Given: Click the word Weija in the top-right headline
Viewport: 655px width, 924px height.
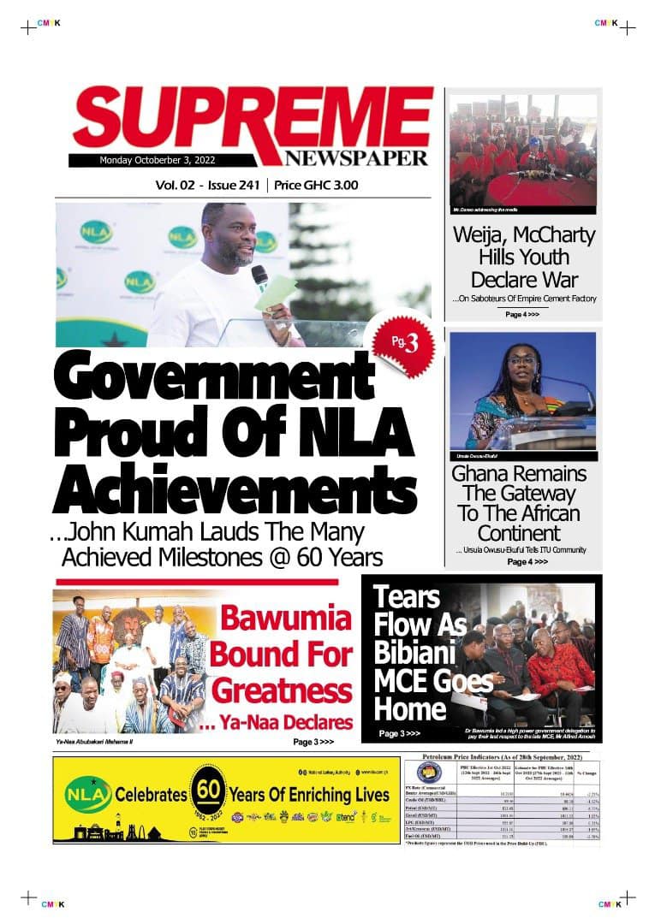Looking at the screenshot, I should pos(484,235).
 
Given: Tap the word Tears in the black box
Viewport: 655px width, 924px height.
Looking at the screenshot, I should pos(406,597).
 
